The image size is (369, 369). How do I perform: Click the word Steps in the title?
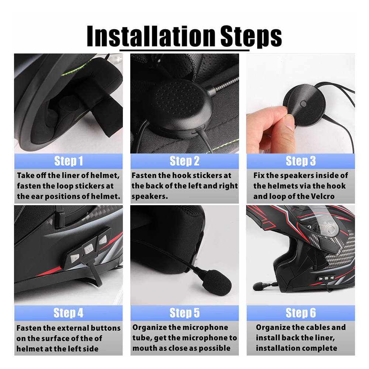pyautogui.click(x=251, y=36)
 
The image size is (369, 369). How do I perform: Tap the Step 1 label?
pyautogui.click(x=69, y=161)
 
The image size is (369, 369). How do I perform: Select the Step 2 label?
pyautogui.click(x=184, y=161)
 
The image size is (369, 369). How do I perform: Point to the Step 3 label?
pyautogui.click(x=301, y=161)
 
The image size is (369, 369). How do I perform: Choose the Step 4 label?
pyautogui.click(x=69, y=313)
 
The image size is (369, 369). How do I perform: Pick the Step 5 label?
pyautogui.click(x=184, y=313)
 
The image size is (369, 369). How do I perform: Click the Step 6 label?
pyautogui.click(x=301, y=313)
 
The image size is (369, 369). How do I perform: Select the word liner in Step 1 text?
pyautogui.click(x=66, y=175)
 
